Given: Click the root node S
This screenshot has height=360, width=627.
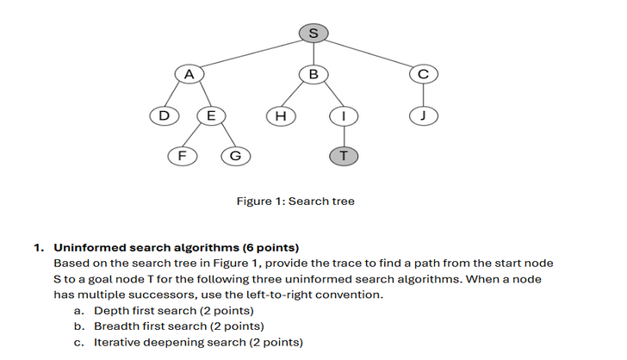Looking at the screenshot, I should point(313,33).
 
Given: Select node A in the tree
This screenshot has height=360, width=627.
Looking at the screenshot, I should point(188,74).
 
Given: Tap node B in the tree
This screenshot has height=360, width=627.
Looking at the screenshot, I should point(313,74).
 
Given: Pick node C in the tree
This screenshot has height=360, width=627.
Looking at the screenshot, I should point(423,74).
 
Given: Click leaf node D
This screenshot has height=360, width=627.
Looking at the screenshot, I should point(164,115).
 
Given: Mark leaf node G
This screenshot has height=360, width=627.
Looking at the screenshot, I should point(235,156).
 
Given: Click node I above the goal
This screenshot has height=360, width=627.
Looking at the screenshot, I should point(344,115).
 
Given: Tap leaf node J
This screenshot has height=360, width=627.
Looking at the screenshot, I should point(423,115).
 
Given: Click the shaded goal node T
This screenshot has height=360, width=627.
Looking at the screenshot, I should point(344,156).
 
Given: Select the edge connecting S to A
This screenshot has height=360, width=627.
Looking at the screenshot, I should point(250,53).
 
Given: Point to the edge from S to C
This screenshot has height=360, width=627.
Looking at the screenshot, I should point(369,53).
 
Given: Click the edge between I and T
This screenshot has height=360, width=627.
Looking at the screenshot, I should point(344,135).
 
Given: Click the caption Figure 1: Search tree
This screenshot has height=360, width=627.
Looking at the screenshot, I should point(295,202).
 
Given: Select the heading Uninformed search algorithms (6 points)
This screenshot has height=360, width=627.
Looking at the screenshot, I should point(177,248).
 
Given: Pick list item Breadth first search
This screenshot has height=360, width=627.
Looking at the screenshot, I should point(178,326).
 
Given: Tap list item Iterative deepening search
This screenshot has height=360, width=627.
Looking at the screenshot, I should point(198,342).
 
